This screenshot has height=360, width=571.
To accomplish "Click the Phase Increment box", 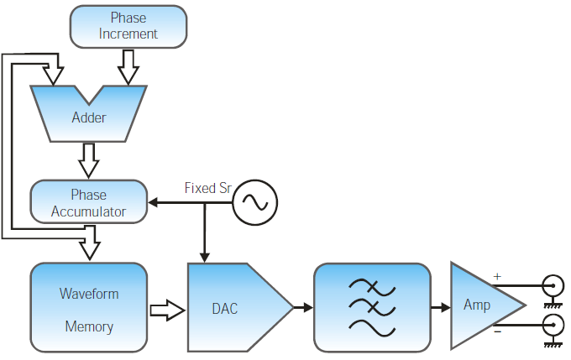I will pos(128,26).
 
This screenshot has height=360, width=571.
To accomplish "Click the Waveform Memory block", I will pos(89,308).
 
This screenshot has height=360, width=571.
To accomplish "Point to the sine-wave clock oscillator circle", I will pos(254,202).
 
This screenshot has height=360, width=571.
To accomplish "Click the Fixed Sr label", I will pos(207,188).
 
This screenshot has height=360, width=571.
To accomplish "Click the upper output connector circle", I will pos(552,284).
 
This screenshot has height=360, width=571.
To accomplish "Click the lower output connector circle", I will pos(552,325).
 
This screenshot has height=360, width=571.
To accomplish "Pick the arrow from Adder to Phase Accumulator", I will pos(88,158).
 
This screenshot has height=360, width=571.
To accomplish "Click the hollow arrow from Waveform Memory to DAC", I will pos(166,309).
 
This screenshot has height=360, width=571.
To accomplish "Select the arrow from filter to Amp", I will pos(440,308).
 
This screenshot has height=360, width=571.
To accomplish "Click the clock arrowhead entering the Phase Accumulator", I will pos(154,202).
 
